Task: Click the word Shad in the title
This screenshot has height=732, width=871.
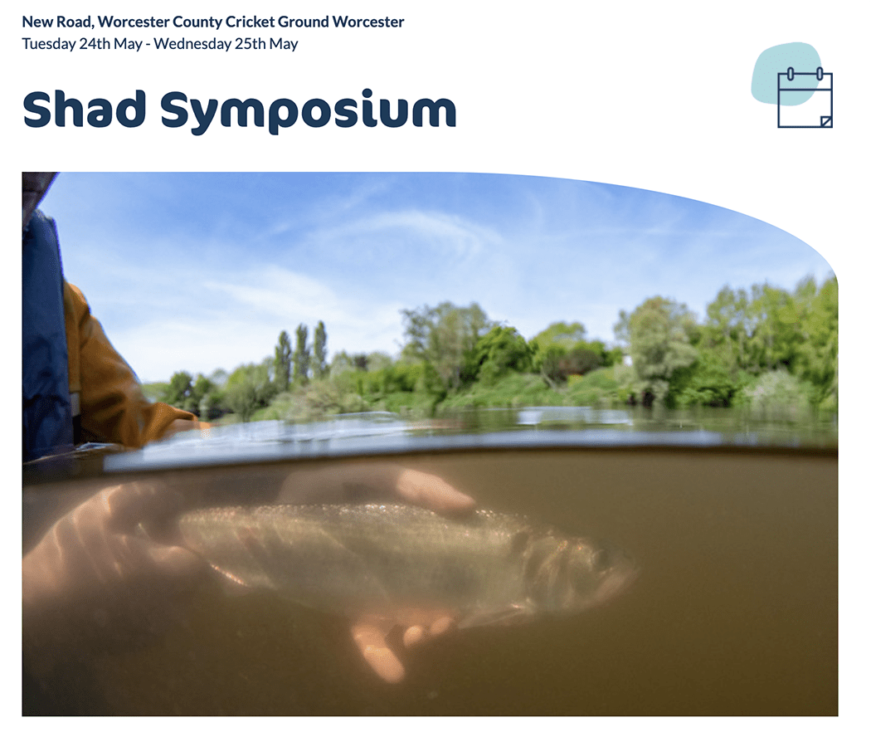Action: click(x=85, y=109)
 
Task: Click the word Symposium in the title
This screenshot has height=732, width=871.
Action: click(x=309, y=111)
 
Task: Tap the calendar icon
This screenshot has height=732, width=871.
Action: click(x=805, y=98)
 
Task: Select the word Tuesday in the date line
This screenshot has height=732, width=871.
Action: click(x=49, y=44)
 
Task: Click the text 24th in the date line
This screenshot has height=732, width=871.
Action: click(x=95, y=43)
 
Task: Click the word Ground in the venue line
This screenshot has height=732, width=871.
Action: click(x=304, y=22)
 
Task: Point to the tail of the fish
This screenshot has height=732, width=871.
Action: click(x=206, y=534)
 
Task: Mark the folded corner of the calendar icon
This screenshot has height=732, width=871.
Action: click(x=826, y=122)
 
